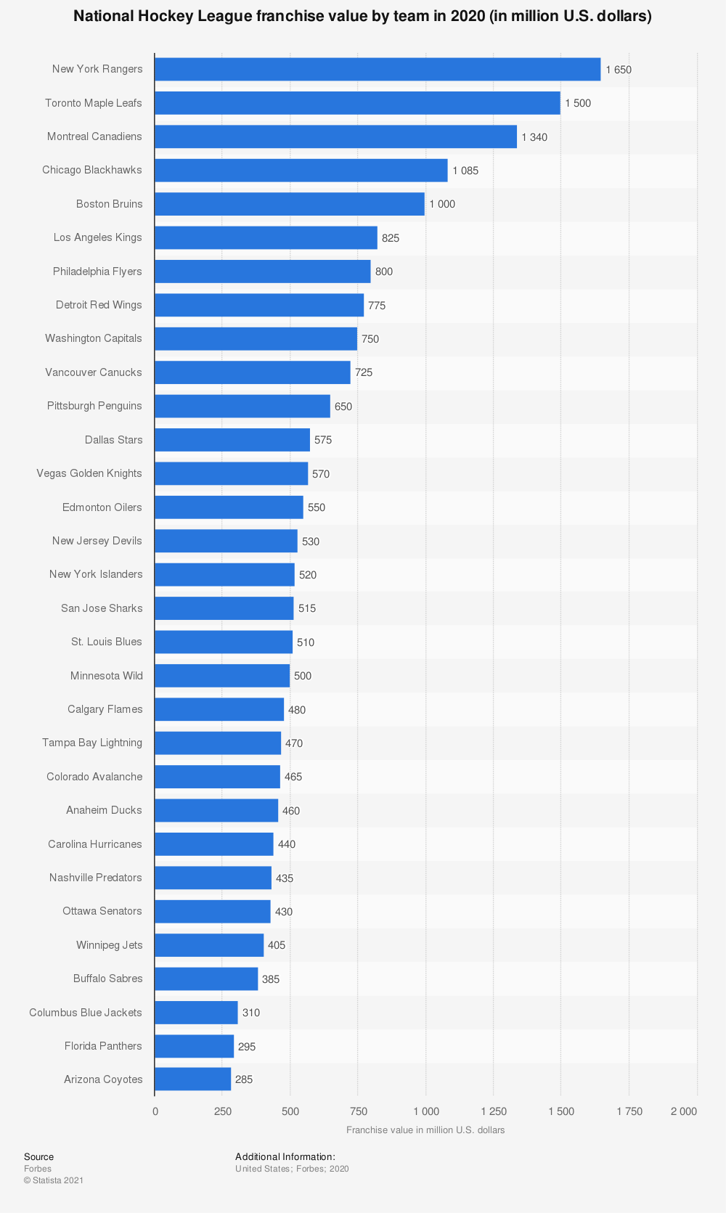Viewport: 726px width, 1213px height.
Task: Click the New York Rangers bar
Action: [x=378, y=69]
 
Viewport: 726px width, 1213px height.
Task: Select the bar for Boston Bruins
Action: [x=290, y=204]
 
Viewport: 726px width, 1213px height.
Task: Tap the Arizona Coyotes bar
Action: [x=193, y=1079]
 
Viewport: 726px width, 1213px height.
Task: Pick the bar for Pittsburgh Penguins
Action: [x=242, y=406]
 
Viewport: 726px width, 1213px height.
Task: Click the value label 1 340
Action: [x=534, y=137]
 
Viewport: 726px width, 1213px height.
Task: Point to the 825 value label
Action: [x=391, y=238]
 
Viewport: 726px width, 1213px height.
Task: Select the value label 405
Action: [x=277, y=945]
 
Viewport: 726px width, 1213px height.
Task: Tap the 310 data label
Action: [x=251, y=1013]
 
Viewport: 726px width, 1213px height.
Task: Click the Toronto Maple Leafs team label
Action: [x=94, y=103]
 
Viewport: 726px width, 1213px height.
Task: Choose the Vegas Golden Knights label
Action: [x=89, y=473]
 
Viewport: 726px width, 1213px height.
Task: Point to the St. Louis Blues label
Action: [x=107, y=642]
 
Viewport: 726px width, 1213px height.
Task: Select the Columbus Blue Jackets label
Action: [x=86, y=1012]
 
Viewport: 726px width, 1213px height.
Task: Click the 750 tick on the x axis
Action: [x=358, y=1111]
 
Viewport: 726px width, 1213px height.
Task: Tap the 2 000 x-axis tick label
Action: [x=683, y=1111]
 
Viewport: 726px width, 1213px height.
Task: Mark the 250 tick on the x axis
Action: [x=222, y=1111]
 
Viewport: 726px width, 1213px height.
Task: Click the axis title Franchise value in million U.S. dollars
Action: [x=425, y=1130]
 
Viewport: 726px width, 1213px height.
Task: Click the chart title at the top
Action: [x=362, y=16]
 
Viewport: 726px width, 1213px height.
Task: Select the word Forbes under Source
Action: [x=38, y=1169]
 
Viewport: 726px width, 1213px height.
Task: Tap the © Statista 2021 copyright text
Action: [x=54, y=1180]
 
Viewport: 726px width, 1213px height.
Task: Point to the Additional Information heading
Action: [x=285, y=1156]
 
